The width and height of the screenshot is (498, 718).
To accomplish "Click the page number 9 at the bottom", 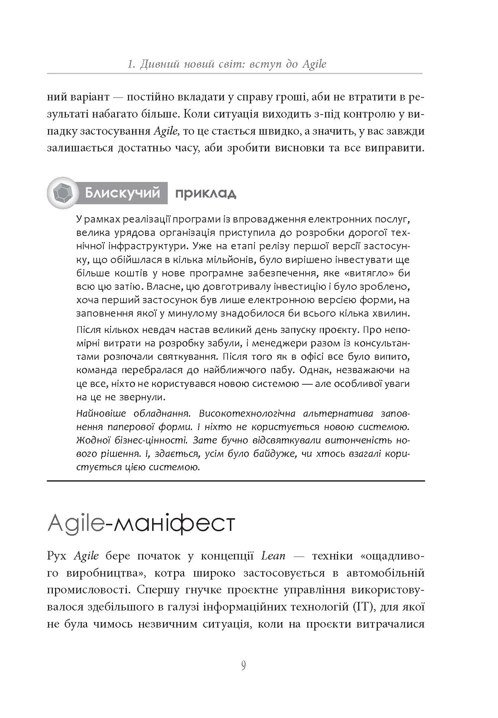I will [x=243, y=664].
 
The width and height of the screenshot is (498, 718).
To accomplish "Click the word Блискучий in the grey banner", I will [x=122, y=193].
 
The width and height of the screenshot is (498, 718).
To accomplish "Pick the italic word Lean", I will [x=274, y=556].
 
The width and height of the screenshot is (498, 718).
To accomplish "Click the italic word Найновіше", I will [x=99, y=414].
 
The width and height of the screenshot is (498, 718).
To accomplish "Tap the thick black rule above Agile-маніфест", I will [x=236, y=481].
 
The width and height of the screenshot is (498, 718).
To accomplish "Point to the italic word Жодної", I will [x=91, y=440].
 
